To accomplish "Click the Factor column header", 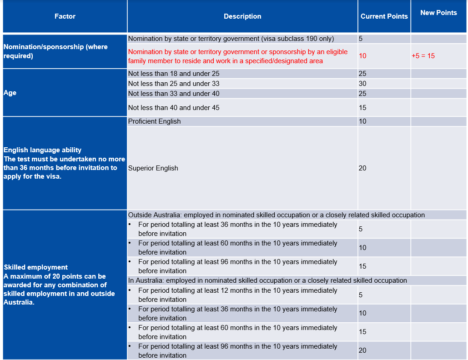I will coord(65,16).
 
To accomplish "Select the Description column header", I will coord(242,16).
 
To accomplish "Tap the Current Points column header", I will coord(384,16).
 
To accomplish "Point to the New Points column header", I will coord(438,13).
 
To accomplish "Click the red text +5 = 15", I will coord(423,56).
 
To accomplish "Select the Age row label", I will coord(10,93).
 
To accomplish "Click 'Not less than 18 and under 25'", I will coord(174,74).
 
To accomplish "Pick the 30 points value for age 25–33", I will coord(362,84).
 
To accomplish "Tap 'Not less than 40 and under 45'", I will coord(174,108).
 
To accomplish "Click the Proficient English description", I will coord(155,121).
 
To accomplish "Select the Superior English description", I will coord(153,168).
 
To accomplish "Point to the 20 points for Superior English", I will coord(362,168).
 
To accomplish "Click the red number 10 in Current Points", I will coord(362,56).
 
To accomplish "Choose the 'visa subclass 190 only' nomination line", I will coord(231,39).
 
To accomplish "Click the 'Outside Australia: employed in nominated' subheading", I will coord(277,215).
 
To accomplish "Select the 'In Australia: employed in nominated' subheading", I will coord(267,280).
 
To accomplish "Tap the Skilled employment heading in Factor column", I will coord(36,267).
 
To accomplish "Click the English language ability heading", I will coord(43,150).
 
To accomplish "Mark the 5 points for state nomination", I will coord(361,39).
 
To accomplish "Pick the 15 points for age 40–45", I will coord(362,108).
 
